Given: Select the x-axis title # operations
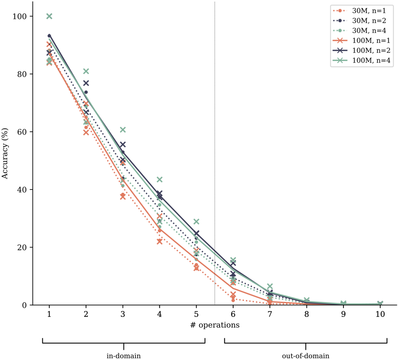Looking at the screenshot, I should (214, 325).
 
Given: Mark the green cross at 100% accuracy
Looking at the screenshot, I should (49, 16).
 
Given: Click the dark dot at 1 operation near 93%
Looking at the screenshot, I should (49, 36).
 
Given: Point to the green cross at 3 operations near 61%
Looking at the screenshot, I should (123, 129).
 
